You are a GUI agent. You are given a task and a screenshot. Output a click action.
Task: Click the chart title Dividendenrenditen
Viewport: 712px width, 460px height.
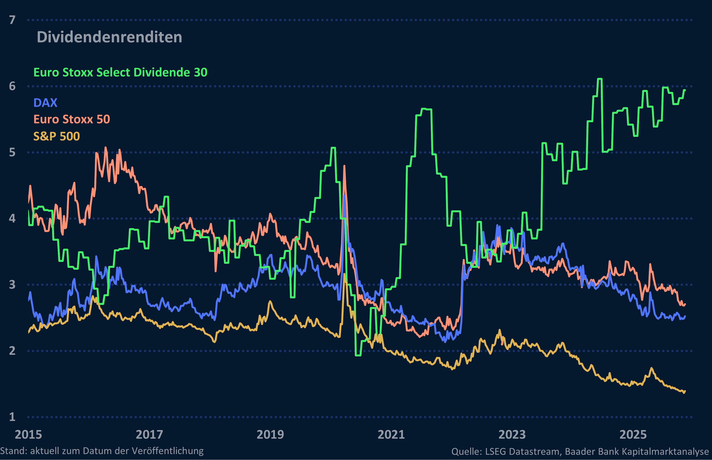[x=109, y=37]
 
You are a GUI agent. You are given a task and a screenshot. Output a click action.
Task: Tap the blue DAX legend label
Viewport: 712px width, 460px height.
[x=45, y=103]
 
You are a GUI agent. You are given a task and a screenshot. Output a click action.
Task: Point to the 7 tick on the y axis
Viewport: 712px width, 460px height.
[x=12, y=20]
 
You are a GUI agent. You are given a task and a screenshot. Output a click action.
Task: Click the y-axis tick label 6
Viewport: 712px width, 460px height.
[x=12, y=86]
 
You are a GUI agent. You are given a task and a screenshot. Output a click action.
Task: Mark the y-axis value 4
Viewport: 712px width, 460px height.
[x=12, y=218]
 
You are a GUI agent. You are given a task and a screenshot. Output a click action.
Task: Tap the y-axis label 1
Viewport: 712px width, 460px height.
[x=12, y=417]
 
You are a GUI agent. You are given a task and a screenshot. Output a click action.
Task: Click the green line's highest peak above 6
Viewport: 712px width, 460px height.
[x=600, y=79]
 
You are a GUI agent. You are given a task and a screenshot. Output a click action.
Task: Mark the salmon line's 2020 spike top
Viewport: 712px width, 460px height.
[x=344, y=166]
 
